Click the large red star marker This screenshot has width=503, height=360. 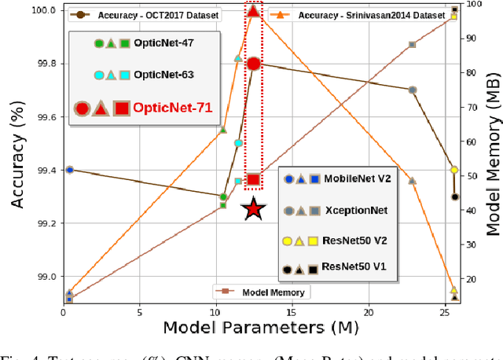(x=252, y=209)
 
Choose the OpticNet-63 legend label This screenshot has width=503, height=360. (x=163, y=75)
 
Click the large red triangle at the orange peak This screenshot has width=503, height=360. (x=253, y=10)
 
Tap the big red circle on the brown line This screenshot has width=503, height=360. (x=254, y=63)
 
